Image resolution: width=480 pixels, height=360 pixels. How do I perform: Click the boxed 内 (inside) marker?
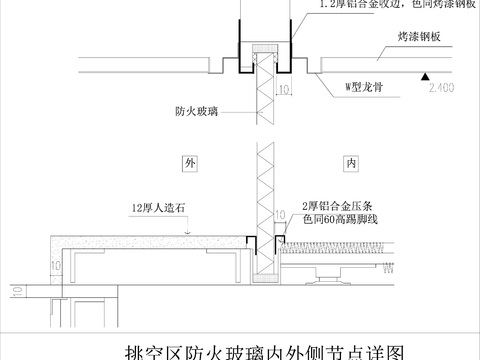click(x=351, y=161)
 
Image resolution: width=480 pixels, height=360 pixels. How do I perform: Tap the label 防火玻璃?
click(x=190, y=114)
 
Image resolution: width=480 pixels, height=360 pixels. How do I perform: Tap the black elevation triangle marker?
click(x=427, y=76)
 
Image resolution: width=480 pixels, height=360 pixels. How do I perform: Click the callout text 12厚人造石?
click(x=158, y=209)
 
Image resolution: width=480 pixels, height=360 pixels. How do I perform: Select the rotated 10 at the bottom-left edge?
click(x=15, y=293)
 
